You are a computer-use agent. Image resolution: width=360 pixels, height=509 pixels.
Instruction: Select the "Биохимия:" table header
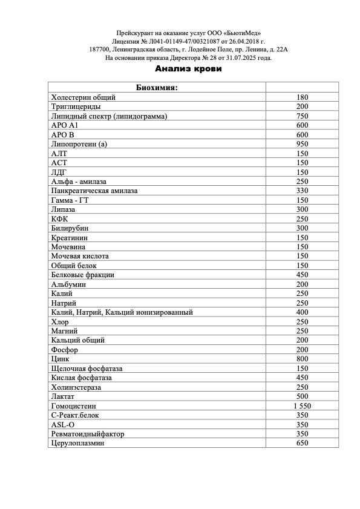point(156,88)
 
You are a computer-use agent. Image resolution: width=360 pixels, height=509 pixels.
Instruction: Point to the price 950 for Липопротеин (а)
point(303,144)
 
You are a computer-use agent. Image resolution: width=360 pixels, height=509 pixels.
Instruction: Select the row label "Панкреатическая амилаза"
point(94,191)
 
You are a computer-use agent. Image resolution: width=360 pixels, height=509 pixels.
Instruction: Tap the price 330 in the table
point(303,191)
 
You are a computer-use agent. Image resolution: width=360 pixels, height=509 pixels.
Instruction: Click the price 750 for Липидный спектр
point(303,116)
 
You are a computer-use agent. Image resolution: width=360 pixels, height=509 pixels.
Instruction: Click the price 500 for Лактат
point(303,396)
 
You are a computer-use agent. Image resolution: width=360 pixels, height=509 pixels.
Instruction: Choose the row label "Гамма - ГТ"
point(70,200)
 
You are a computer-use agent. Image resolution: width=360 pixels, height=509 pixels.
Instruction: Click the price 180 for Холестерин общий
point(303,97)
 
